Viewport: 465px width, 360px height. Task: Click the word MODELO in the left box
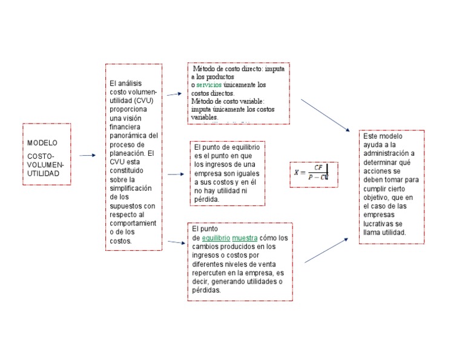[x=42, y=143]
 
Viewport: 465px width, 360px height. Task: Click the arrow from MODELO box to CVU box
[x=88, y=156]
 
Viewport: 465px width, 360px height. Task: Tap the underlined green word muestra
[x=245, y=238]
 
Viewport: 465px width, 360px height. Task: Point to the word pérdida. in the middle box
[x=207, y=199]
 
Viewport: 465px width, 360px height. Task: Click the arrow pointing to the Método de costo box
[x=175, y=94]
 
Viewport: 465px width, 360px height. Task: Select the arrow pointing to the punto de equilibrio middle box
[x=175, y=174]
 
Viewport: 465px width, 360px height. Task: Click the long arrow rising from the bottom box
[x=326, y=250]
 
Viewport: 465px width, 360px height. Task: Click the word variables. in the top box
[x=204, y=118]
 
